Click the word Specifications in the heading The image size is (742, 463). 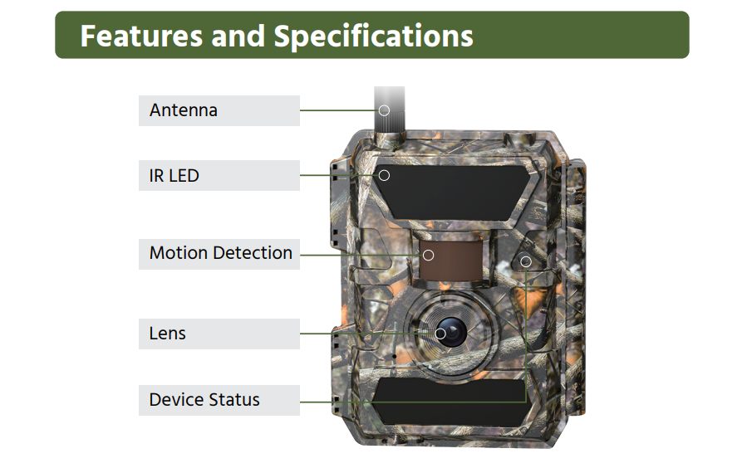click(374, 36)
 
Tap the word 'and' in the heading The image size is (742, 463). click(238, 36)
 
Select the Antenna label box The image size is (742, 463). click(219, 110)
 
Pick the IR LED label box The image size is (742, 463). click(219, 175)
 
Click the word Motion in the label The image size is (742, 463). click(176, 253)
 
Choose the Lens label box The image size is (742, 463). click(219, 334)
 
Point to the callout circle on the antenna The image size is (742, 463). click(384, 110)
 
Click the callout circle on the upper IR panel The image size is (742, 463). click(384, 175)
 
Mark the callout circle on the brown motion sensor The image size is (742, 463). click(429, 255)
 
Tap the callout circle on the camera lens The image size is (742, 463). click(440, 334)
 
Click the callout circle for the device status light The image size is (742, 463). click(526, 261)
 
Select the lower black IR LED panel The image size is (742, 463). click(449, 401)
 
